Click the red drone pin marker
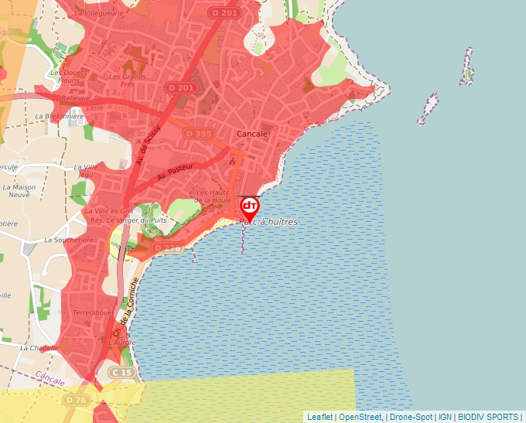pyautogui.click(x=250, y=206)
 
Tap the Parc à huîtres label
pyautogui.click(x=268, y=222)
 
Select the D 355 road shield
pyautogui.click(x=198, y=134)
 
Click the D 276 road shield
pyautogui.click(x=167, y=248)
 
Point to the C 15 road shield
pyautogui.click(x=122, y=372)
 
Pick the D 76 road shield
pyautogui.click(x=76, y=400)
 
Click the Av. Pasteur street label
pyautogui.click(x=174, y=172)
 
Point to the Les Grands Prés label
pyautogui.click(x=128, y=80)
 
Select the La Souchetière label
pyautogui.click(x=69, y=240)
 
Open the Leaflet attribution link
pyautogui.click(x=319, y=417)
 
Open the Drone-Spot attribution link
pyautogui.click(x=411, y=417)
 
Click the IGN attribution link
pyautogui.click(x=445, y=417)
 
